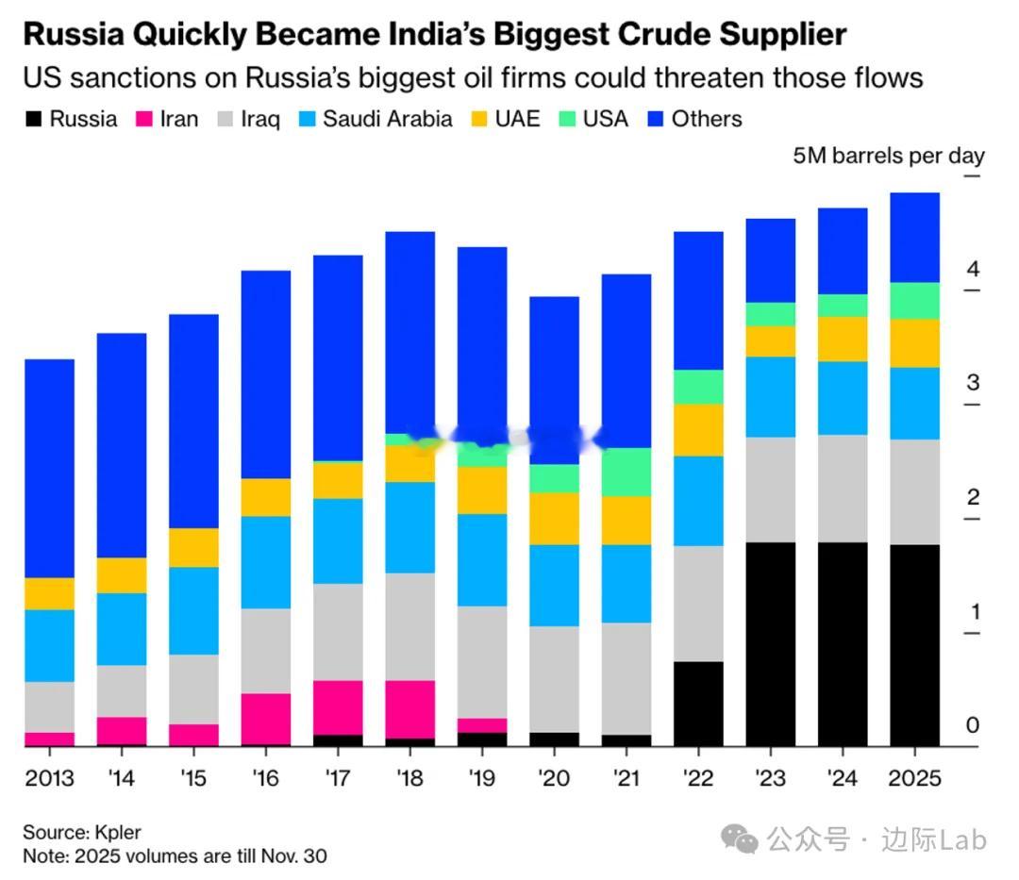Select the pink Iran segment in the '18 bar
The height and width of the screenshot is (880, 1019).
(409, 708)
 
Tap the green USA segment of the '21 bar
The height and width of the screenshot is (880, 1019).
(626, 472)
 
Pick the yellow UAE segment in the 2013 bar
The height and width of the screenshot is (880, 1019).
(49, 593)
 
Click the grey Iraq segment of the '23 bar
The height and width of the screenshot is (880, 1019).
(771, 490)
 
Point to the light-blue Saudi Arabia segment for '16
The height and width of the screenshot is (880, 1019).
(266, 562)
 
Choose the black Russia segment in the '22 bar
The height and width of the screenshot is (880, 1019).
(698, 704)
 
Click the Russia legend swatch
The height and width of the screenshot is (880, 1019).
(34, 119)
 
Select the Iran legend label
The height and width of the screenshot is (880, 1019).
(179, 119)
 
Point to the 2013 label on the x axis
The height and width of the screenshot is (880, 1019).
(49, 779)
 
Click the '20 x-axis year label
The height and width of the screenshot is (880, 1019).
(554, 779)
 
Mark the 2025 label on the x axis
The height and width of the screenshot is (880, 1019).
(915, 779)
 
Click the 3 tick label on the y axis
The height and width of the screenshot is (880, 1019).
(973, 383)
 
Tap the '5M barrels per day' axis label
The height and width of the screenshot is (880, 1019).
(889, 156)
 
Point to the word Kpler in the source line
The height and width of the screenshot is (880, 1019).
(117, 833)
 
